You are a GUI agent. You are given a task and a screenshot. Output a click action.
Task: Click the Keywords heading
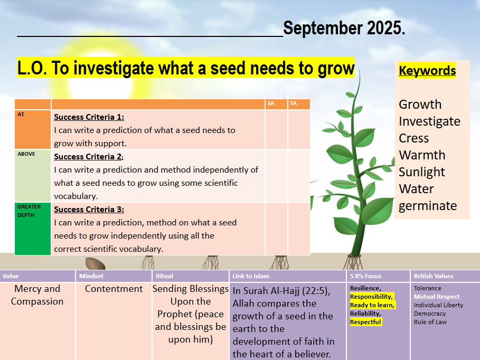[427, 70]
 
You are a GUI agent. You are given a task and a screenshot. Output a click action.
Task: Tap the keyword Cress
[413, 138]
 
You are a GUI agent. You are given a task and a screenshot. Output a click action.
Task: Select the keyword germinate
[428, 206]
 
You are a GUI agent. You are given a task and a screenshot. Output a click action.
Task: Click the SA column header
[270, 103]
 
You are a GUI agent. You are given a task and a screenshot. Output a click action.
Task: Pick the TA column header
[293, 103]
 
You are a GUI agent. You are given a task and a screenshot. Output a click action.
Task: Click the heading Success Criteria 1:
[89, 117]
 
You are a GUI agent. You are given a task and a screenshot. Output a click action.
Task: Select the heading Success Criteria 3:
[89, 210]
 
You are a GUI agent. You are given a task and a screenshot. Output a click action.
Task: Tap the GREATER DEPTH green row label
[29, 211]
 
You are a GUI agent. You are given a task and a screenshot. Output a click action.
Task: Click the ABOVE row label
[26, 154]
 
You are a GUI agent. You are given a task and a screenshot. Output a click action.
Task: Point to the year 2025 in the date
[385, 28]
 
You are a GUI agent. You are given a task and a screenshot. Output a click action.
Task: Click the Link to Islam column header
[251, 276]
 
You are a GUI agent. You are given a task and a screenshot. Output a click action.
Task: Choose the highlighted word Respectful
[365, 322]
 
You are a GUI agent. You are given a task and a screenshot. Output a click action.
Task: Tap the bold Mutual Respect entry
[437, 297]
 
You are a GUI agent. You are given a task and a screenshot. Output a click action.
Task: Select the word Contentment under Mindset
[114, 289]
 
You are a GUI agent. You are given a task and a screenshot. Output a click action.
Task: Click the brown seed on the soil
[95, 264]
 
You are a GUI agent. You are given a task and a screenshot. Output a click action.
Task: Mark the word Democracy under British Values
[430, 314]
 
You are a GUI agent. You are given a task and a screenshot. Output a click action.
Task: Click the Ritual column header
[164, 276]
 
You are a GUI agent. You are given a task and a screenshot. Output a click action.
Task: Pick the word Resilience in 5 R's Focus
[365, 288]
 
